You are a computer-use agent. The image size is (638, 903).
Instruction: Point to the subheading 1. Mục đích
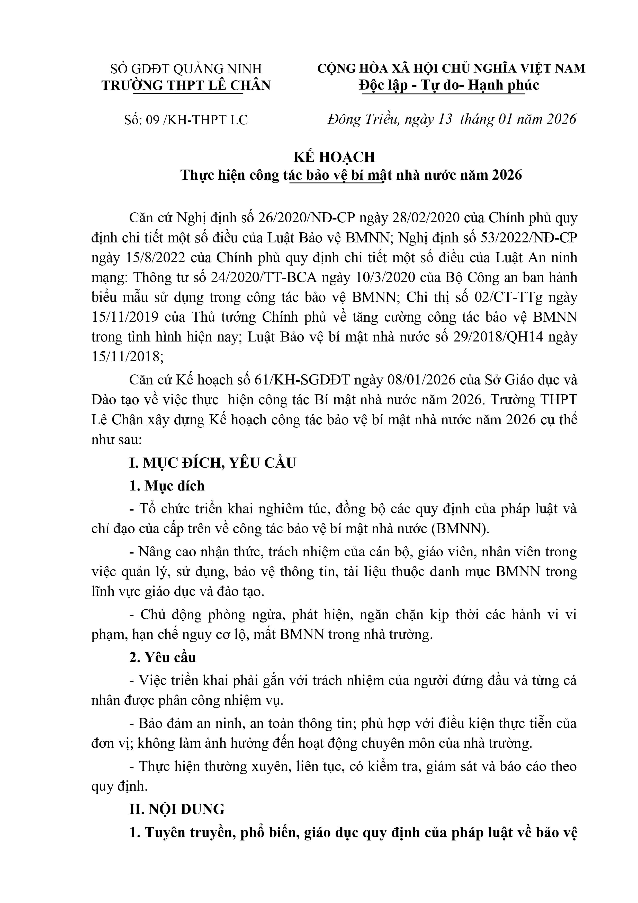[167, 486]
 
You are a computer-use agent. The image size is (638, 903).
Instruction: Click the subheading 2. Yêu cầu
[163, 657]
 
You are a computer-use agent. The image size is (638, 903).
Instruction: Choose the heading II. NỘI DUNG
[177, 809]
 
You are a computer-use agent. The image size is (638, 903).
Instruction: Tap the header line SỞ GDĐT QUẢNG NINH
[186, 69]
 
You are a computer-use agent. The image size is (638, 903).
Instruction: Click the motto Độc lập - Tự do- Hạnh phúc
[449, 85]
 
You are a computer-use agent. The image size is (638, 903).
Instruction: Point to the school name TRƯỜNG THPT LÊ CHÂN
[186, 85]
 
